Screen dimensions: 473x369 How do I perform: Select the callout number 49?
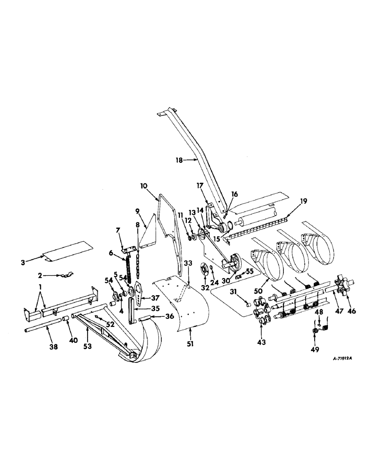pyautogui.click(x=315, y=349)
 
